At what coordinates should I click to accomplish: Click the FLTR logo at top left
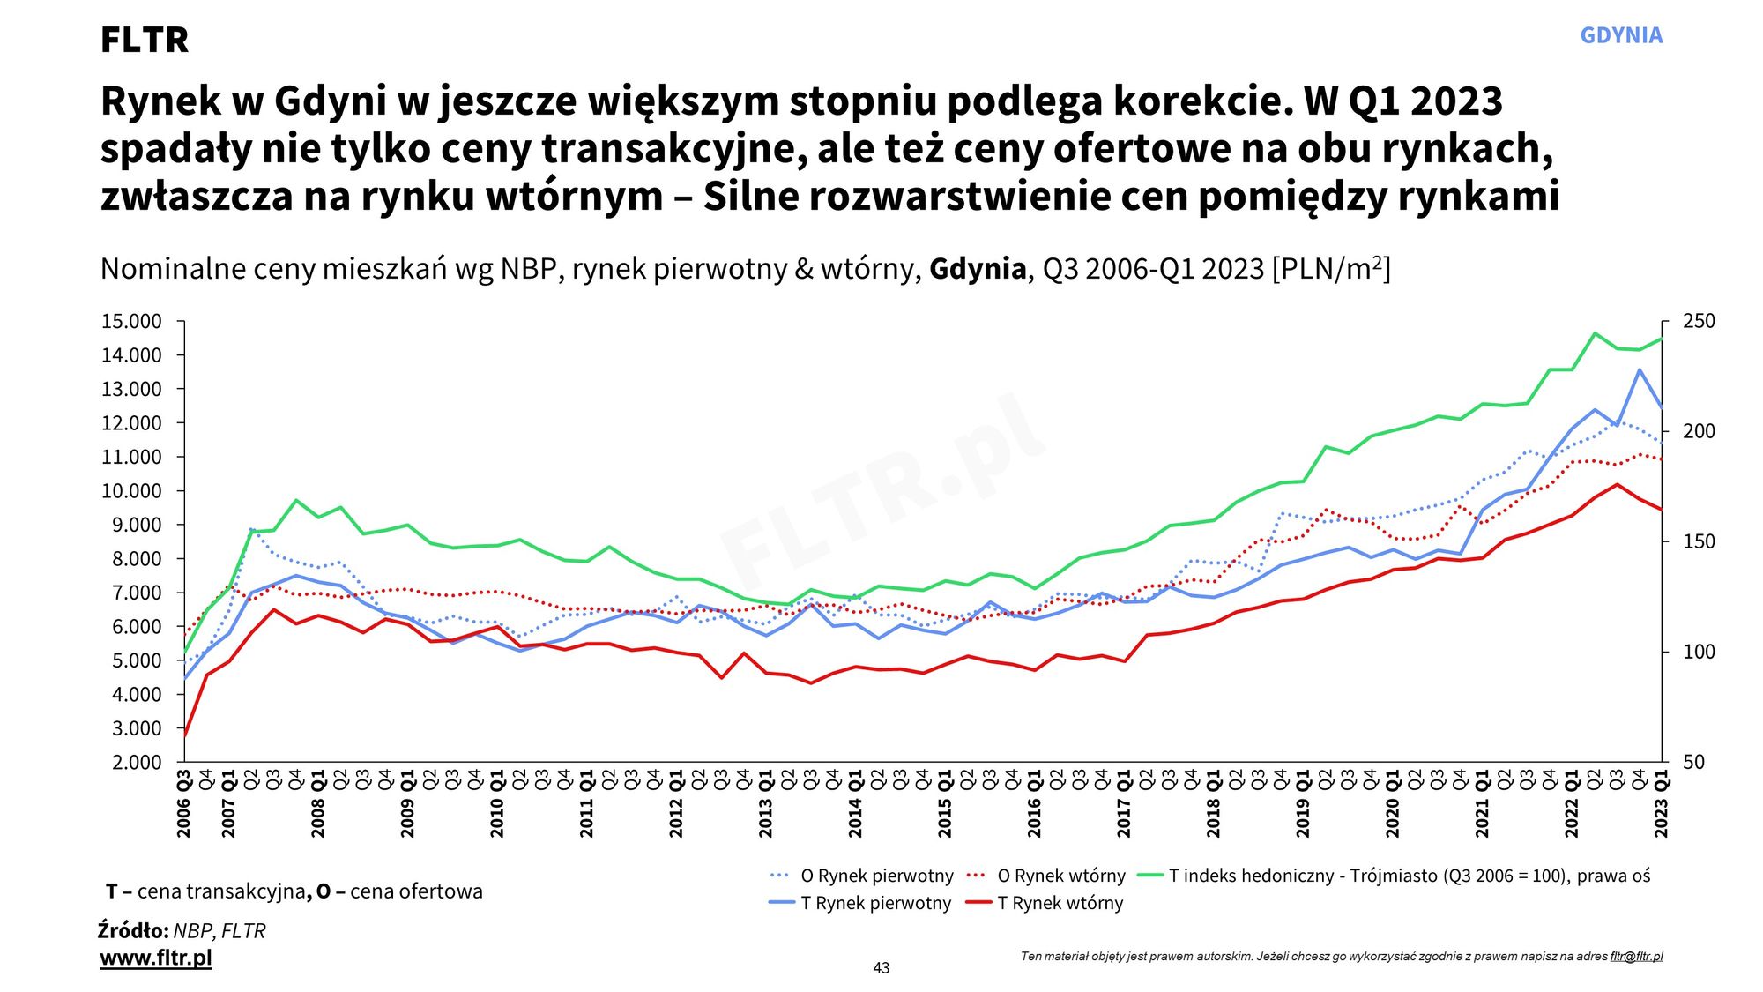pyautogui.click(x=145, y=40)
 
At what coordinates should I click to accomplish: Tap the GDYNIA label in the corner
pyautogui.click(x=1620, y=35)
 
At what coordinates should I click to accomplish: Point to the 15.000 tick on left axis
pyautogui.click(x=131, y=322)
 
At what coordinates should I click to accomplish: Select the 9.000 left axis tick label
pyautogui.click(x=136, y=526)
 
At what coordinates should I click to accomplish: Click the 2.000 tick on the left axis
pyautogui.click(x=136, y=763)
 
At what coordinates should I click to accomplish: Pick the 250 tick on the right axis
pyautogui.click(x=1699, y=322)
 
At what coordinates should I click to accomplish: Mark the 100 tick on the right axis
pyautogui.click(x=1699, y=653)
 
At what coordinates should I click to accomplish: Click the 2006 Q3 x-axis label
pyautogui.click(x=184, y=803)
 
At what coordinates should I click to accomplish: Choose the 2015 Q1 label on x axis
pyautogui.click(x=945, y=803)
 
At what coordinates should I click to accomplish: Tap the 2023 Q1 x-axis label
pyautogui.click(x=1662, y=803)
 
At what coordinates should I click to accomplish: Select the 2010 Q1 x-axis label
pyautogui.click(x=497, y=803)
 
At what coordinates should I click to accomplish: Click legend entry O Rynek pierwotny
pyautogui.click(x=876, y=876)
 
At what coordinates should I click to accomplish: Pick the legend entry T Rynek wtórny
pyautogui.click(x=1060, y=903)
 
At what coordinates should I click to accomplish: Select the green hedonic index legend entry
pyautogui.click(x=1409, y=876)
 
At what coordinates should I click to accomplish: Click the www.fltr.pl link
pyautogui.click(x=156, y=958)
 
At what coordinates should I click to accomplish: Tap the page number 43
pyautogui.click(x=881, y=968)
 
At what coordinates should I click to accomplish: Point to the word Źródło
pyautogui.click(x=133, y=931)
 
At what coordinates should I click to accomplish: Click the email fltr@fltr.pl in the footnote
pyautogui.click(x=1636, y=957)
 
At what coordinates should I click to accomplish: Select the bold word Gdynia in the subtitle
pyautogui.click(x=978, y=269)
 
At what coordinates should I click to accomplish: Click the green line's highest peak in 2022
pyautogui.click(x=1595, y=333)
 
